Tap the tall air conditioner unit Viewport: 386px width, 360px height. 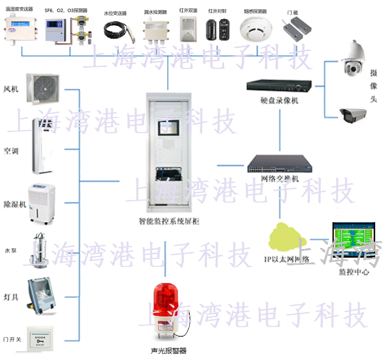coord(43,146)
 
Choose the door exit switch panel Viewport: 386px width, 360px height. coord(41,340)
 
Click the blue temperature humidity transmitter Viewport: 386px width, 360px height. coord(20,28)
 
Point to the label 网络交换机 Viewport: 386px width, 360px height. coord(280,178)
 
